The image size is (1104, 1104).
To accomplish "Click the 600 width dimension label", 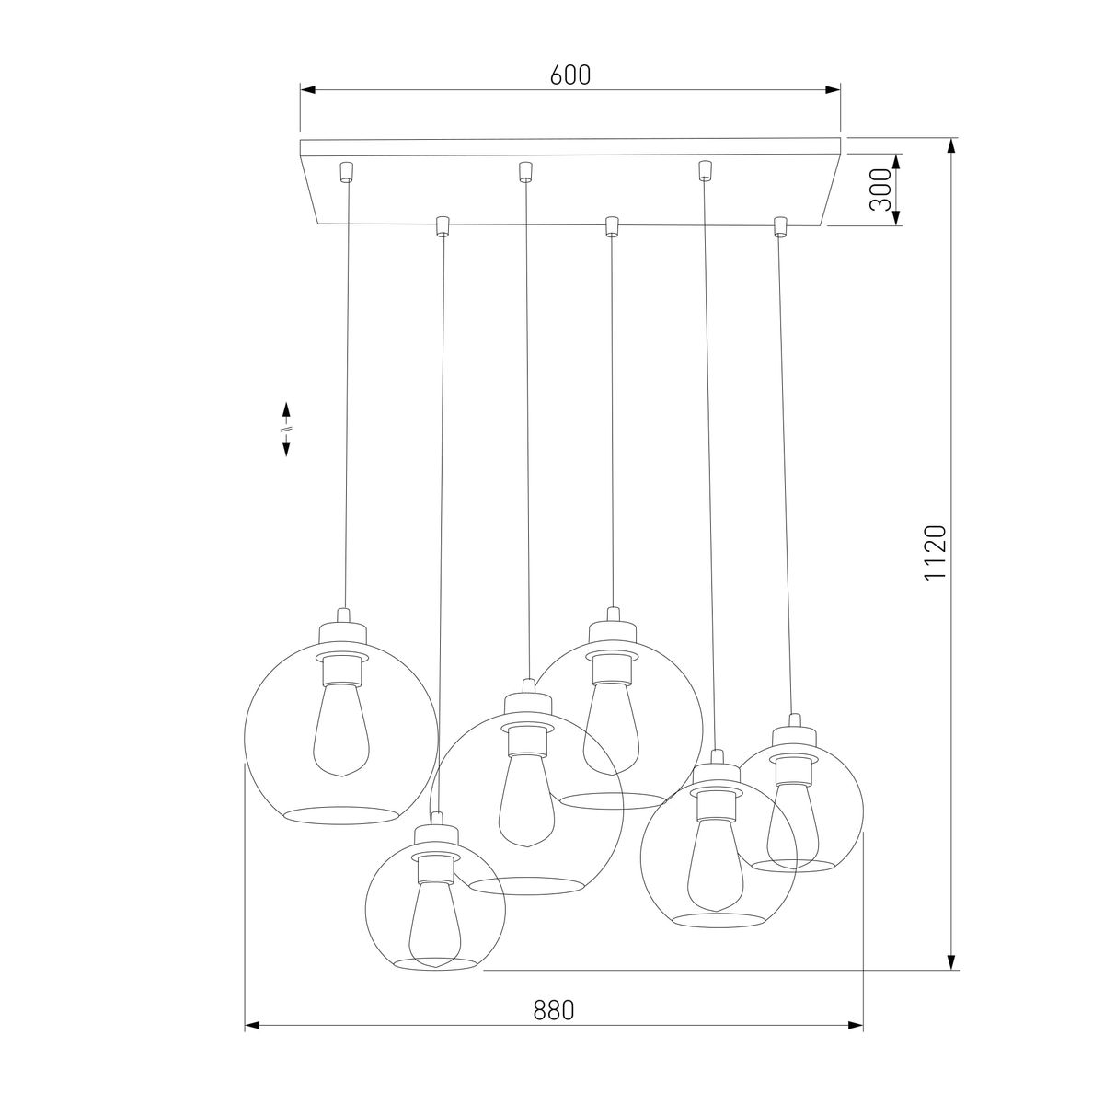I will click(570, 75).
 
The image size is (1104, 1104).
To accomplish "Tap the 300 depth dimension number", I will click(881, 190).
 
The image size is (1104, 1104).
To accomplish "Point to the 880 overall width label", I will click(554, 1009).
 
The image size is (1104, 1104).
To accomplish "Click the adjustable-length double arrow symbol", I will click(286, 429).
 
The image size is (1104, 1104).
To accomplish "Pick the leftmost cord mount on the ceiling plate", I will click(346, 172).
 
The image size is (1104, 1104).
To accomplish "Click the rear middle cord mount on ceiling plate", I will click(524, 171).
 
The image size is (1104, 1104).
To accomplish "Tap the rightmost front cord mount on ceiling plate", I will click(781, 225).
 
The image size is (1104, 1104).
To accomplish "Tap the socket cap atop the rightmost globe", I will click(791, 732).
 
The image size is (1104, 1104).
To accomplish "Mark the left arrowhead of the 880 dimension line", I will click(251, 1024).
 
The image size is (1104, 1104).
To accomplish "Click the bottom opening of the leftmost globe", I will click(341, 815).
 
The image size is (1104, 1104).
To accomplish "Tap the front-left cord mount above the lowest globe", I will click(442, 225).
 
